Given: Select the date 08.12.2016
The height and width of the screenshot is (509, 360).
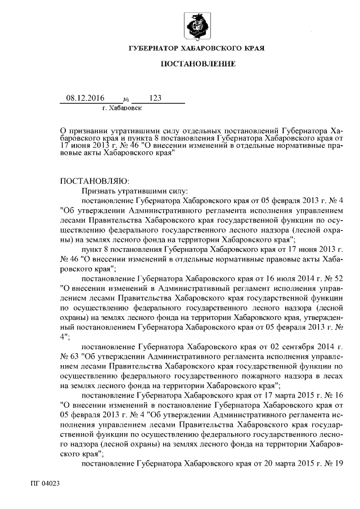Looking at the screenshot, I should click(x=85, y=98).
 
